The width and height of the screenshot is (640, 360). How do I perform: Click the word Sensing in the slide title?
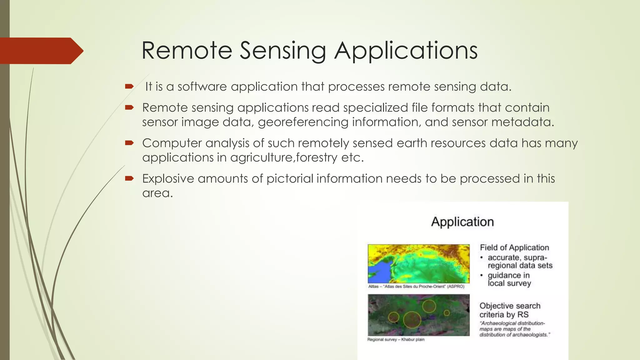click(x=283, y=51)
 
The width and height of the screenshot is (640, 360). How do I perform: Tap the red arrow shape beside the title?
click(x=41, y=51)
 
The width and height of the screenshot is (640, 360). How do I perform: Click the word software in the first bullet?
click(x=202, y=87)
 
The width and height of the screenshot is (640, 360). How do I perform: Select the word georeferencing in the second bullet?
click(x=303, y=122)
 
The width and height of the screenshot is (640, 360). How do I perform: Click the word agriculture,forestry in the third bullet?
click(x=283, y=157)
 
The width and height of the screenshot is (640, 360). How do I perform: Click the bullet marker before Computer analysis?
click(x=129, y=143)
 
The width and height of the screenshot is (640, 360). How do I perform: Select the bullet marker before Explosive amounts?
click(x=129, y=178)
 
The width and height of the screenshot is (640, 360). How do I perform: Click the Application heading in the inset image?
click(x=462, y=222)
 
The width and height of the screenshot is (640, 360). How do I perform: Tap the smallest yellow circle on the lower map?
click(x=447, y=312)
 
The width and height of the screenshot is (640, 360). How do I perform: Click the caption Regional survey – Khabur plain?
click(x=396, y=340)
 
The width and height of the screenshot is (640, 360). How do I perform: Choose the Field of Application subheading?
click(x=514, y=247)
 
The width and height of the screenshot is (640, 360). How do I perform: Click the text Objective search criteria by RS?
click(x=509, y=310)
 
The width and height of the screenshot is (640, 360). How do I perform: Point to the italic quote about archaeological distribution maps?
click(x=514, y=329)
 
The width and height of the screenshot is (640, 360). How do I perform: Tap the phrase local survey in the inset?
click(x=509, y=283)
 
